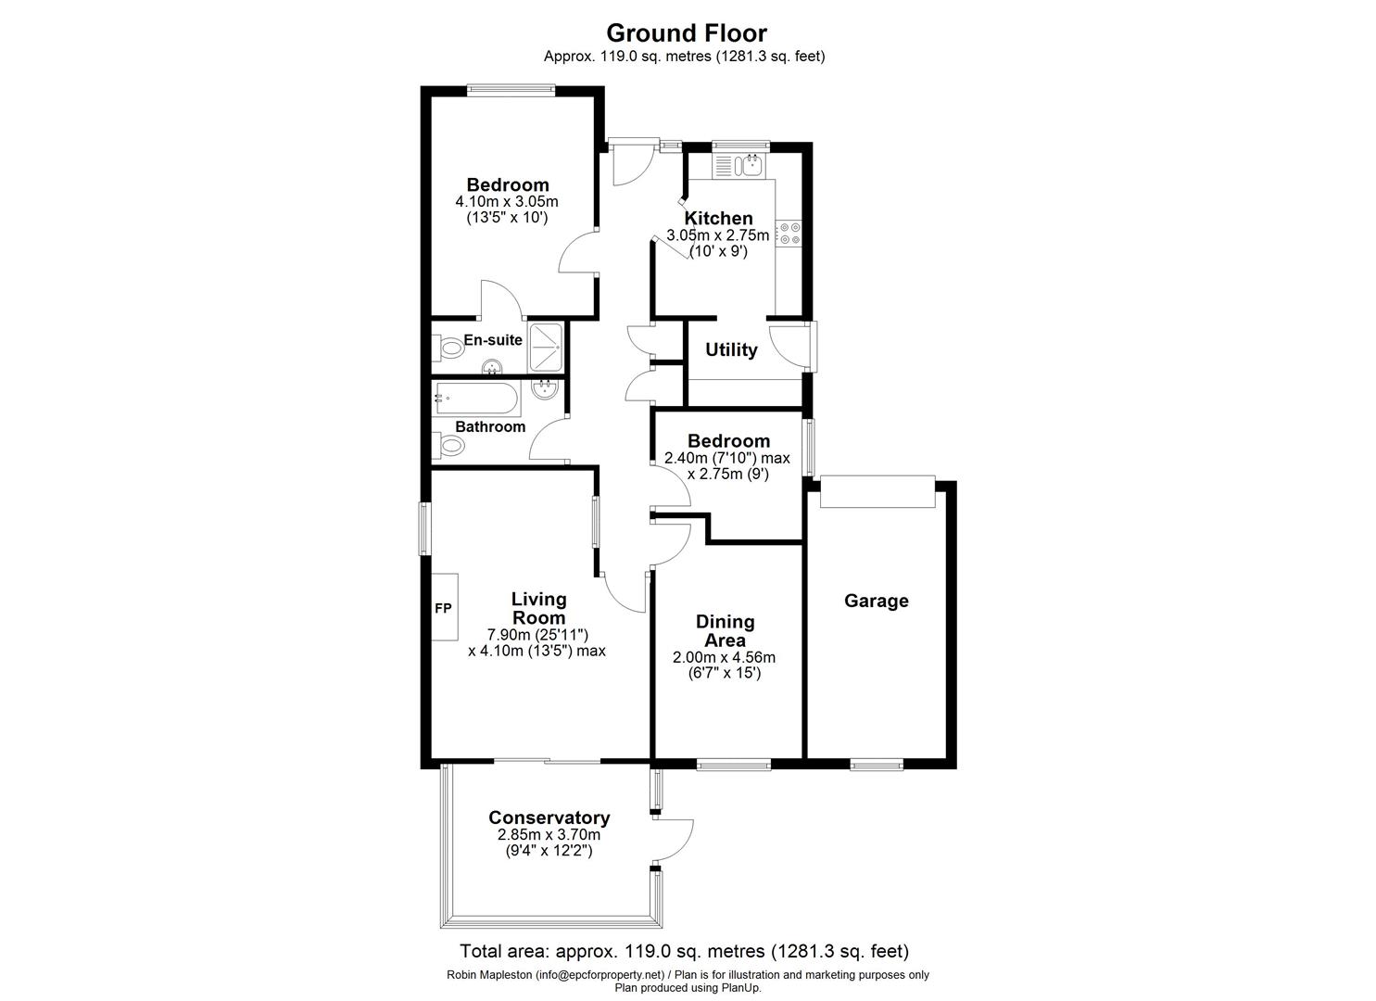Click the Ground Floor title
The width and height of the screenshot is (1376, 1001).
pyautogui.click(x=687, y=33)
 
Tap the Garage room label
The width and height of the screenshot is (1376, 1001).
pyautogui.click(x=876, y=601)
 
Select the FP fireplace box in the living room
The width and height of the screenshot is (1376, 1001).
pyautogui.click(x=444, y=607)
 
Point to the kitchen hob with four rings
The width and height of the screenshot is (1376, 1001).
pyautogui.click(x=789, y=234)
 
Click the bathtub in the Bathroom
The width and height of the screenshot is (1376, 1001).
pyautogui.click(x=477, y=399)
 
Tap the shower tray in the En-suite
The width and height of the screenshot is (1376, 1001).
pyautogui.click(x=547, y=347)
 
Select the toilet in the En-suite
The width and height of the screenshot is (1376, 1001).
pyautogui.click(x=449, y=349)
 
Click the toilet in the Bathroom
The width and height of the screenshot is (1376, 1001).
pyautogui.click(x=449, y=447)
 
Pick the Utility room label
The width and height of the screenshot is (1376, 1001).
pyautogui.click(x=731, y=349)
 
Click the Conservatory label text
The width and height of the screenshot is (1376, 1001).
pyautogui.click(x=549, y=817)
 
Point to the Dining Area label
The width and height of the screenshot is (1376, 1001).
pyautogui.click(x=725, y=630)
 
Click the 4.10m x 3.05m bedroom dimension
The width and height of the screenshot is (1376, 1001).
pyautogui.click(x=507, y=201)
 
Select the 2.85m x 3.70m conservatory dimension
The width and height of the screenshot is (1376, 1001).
pyautogui.click(x=549, y=834)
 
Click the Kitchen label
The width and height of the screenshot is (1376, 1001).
pyautogui.click(x=718, y=219)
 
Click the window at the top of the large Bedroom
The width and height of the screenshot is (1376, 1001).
pyautogui.click(x=511, y=90)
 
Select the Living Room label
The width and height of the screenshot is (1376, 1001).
pyautogui.click(x=538, y=609)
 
